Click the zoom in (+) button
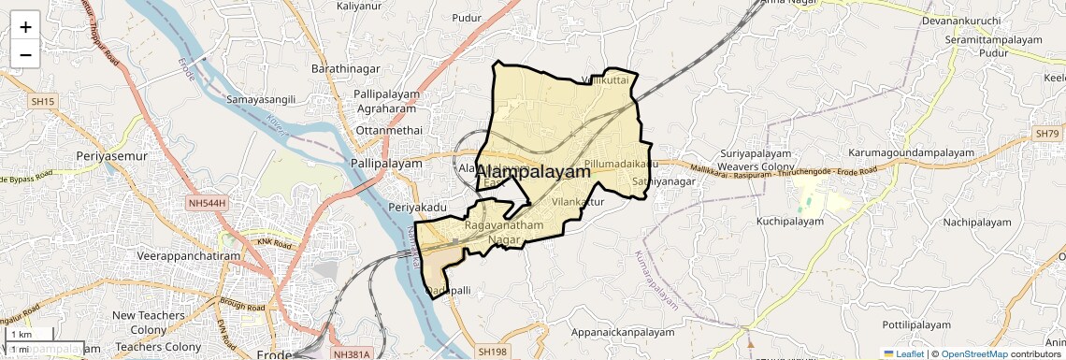[25, 26]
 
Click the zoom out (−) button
[25, 54]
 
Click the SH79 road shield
[1046, 135]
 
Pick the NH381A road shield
[352, 354]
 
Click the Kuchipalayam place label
[790, 222]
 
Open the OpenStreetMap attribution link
[973, 354]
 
